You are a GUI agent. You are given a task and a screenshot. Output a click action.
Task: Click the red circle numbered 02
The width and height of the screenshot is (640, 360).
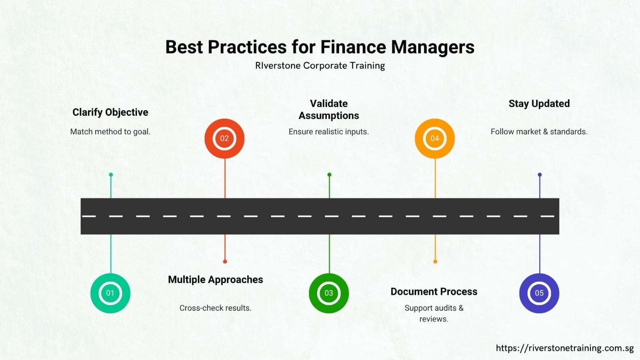224,138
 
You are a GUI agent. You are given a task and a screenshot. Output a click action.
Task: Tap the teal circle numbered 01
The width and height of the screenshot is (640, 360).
110,293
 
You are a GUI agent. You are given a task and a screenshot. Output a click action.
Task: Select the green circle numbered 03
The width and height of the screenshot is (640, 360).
329,293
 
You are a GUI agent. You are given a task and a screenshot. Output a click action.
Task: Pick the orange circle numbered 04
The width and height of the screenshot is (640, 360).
435,138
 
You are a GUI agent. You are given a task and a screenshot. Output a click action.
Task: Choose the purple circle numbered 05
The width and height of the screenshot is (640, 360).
539,293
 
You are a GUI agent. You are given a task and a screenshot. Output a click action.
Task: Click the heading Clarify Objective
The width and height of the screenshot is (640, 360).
110,112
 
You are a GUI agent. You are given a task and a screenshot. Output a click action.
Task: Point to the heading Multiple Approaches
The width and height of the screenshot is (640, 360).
215,280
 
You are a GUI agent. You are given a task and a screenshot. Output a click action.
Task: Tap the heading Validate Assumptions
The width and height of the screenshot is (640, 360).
329,109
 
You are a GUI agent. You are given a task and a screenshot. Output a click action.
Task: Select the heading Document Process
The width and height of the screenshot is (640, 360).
434,292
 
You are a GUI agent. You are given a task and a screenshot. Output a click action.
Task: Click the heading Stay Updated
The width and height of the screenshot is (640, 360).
539,103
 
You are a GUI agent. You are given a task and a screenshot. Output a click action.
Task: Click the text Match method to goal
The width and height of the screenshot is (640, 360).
110,131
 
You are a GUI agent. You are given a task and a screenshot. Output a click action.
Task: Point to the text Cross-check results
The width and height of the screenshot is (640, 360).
215,308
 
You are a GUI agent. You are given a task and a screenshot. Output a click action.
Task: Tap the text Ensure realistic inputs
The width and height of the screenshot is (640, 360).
329,131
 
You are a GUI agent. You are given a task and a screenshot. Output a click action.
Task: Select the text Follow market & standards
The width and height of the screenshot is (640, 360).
539,131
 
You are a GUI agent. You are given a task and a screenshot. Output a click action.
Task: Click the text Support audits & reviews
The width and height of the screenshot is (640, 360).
434,313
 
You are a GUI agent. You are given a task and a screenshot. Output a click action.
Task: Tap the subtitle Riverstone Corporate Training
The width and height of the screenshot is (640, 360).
320,65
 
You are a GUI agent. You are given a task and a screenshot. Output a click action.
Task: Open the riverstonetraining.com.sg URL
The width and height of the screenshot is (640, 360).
564,348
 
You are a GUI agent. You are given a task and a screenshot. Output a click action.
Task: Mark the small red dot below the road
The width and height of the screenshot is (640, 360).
225,261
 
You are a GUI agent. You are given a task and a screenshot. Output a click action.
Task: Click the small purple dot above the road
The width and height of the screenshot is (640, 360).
540,175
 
